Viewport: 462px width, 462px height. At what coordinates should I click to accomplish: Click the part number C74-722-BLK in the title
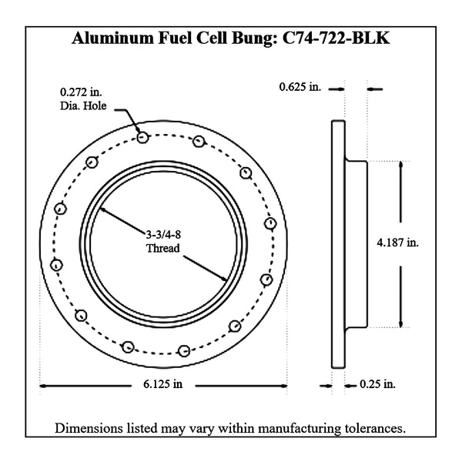336,38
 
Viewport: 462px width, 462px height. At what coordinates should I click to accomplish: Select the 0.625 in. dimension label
300,87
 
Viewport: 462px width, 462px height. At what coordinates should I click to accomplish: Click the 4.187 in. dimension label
398,243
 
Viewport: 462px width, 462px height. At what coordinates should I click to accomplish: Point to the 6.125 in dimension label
163,384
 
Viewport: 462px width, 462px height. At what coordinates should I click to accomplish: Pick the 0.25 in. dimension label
377,384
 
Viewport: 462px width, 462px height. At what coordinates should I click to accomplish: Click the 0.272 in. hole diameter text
81,92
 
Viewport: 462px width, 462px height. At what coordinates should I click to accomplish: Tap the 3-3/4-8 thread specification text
163,235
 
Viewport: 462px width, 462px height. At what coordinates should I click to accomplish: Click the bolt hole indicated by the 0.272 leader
143,137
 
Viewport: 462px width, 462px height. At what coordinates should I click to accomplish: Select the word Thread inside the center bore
163,248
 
